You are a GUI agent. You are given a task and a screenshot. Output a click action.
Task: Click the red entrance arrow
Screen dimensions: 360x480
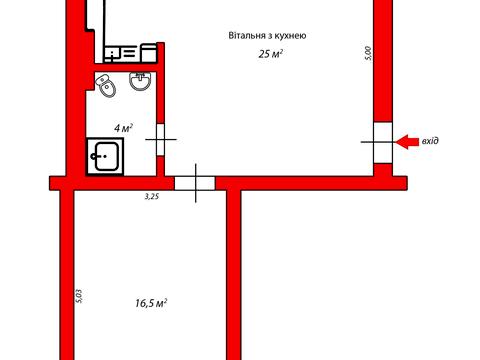click(x=407, y=142)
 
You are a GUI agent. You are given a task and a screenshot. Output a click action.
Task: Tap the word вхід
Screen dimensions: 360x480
click(x=430, y=142)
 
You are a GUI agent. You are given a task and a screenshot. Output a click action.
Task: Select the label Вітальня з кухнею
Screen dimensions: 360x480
click(x=267, y=35)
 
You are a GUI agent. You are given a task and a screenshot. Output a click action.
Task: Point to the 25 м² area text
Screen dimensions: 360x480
click(x=267, y=54)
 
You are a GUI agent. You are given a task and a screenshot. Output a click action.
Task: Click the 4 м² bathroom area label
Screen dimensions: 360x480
click(x=124, y=129)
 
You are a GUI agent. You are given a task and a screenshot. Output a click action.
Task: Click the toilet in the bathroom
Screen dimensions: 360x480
click(x=109, y=87)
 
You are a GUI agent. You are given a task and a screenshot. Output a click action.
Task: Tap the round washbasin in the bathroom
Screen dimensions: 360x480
click(x=139, y=82)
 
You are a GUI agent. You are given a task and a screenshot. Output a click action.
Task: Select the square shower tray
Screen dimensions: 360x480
click(x=104, y=156)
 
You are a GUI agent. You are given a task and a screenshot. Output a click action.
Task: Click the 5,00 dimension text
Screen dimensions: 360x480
click(x=368, y=53)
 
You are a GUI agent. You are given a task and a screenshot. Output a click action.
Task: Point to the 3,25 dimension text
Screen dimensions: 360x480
click(x=152, y=197)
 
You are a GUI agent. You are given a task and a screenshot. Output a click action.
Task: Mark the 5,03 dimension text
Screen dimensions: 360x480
click(x=79, y=297)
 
